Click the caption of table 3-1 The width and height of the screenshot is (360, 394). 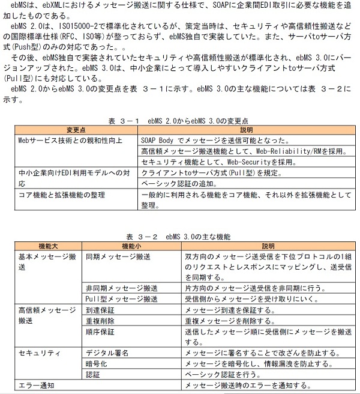pos(179,121)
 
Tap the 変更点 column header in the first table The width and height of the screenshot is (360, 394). pos(76,130)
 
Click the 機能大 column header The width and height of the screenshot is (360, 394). pos(49,246)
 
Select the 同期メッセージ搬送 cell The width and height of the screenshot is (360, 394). pos(118,257)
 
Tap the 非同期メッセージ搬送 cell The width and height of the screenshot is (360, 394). pos(122,288)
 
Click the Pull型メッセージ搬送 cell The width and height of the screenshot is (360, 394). pos(122,299)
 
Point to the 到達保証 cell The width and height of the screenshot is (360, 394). pos(98,310)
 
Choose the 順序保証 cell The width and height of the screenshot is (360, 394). pos(98,331)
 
